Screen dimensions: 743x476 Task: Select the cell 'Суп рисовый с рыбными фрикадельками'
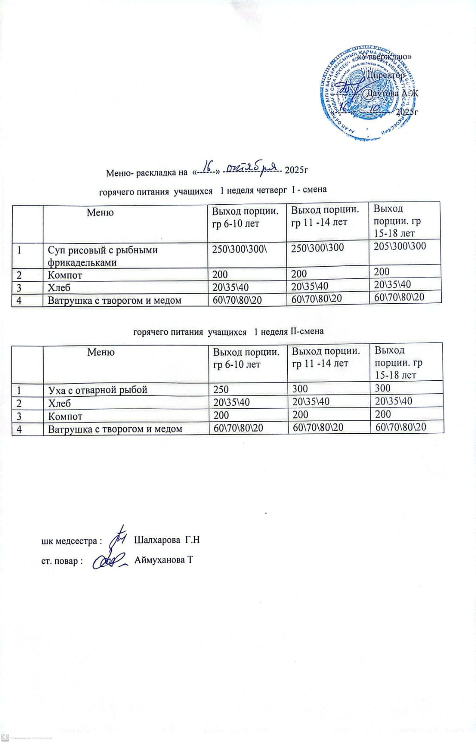(x=103, y=256)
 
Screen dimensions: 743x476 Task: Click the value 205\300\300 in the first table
(x=399, y=246)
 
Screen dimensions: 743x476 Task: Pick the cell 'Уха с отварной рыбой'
(x=97, y=390)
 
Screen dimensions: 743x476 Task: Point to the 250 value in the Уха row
(x=221, y=390)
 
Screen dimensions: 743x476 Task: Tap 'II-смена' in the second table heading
(x=307, y=332)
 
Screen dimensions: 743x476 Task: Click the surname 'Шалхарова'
(x=157, y=540)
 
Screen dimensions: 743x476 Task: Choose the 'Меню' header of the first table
(x=100, y=213)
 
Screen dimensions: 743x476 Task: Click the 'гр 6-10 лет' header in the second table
(x=237, y=365)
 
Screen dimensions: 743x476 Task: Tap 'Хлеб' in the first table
(x=59, y=287)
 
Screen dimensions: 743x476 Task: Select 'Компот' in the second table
(x=65, y=416)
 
